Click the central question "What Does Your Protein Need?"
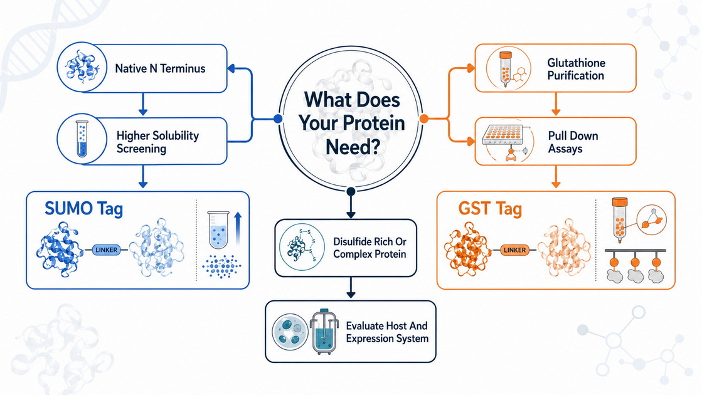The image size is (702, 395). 351,123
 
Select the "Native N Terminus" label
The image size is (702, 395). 160,68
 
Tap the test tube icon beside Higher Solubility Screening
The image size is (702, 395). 82,139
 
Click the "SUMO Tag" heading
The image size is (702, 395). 83,209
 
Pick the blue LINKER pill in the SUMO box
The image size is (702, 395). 106,250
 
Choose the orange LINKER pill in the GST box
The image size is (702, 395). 514,250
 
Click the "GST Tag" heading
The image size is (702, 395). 490,209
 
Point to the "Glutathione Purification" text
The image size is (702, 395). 576,70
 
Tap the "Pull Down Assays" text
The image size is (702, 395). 573,142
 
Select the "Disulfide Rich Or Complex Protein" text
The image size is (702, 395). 370,248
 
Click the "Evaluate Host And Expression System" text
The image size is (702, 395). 387,332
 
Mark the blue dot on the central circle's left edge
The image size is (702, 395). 278,118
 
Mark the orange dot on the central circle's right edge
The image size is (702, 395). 423,118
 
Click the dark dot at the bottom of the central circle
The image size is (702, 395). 351,191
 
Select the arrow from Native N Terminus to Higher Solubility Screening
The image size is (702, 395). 143,104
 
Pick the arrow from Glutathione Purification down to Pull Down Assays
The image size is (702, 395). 556,104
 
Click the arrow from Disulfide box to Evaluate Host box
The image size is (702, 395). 351,288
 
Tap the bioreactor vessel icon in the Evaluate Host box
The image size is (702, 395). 324,332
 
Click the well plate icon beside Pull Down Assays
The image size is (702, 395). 503,134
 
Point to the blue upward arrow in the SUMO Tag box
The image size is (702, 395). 238,229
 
